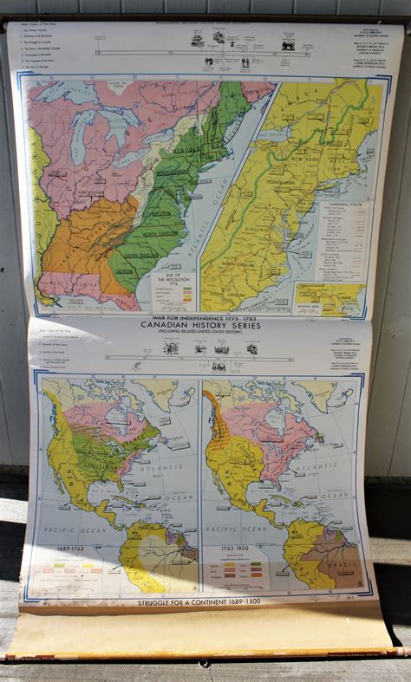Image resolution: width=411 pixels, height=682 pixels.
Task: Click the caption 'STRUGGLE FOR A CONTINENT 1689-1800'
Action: pyautogui.click(x=199, y=601)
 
